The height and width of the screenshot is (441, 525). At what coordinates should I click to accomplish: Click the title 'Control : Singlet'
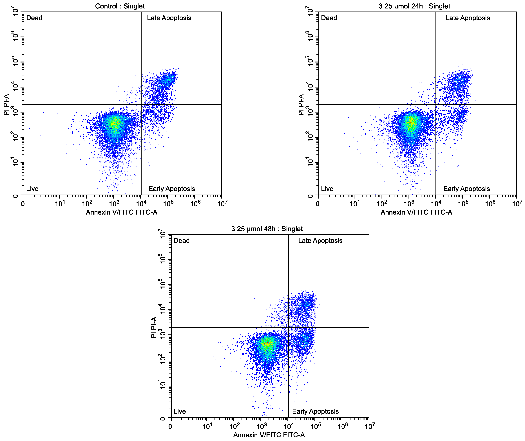120,6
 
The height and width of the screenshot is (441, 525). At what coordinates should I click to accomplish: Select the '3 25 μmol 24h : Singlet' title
414,6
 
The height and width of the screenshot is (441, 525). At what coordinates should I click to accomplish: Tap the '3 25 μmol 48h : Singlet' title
267,229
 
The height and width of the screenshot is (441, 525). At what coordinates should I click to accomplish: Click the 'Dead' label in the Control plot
34,18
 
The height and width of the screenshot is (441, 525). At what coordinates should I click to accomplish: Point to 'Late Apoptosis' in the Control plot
169,18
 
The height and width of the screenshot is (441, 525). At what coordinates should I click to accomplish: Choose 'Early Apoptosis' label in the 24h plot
466,189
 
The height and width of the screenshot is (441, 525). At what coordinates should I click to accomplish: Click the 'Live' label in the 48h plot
180,411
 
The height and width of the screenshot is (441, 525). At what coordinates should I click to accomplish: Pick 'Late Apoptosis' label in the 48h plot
320,241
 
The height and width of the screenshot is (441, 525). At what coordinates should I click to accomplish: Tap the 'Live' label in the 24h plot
327,189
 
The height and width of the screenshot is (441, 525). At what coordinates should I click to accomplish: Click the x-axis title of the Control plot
122,212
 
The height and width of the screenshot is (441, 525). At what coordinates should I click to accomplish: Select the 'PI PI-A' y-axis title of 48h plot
154,327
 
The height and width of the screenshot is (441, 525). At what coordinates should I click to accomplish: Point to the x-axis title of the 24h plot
416,212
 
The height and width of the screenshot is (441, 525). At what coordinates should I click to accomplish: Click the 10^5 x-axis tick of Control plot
168,204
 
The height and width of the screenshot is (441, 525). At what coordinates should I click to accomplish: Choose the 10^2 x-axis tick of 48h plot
234,426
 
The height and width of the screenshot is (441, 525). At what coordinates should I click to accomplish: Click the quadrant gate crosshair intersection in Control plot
141,104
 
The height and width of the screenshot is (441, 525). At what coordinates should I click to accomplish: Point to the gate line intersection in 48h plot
288,327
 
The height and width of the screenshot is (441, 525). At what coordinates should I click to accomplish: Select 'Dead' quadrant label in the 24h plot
329,18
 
